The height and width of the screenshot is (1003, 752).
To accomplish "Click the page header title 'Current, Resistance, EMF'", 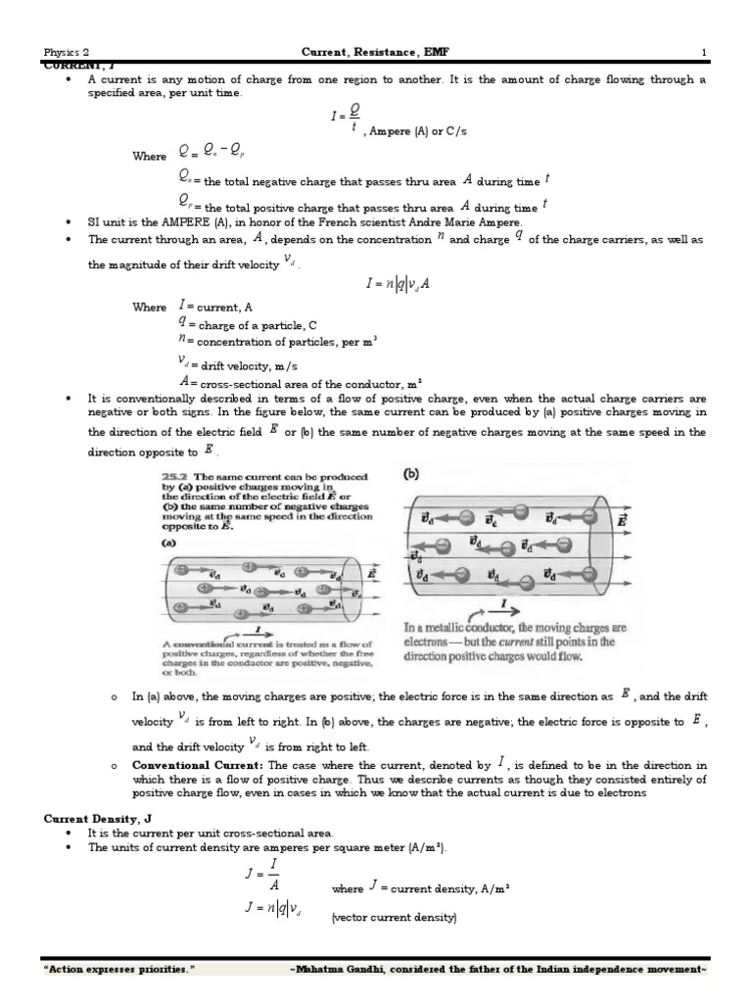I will [x=375, y=51].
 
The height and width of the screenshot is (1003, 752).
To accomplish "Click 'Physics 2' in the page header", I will [x=67, y=52].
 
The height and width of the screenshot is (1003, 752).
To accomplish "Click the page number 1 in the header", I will [x=703, y=51].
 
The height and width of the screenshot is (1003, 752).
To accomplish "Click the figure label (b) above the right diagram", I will [x=412, y=473].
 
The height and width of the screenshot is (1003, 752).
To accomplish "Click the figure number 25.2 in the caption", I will [x=172, y=475].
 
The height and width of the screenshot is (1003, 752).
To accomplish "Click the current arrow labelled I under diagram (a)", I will [x=257, y=630].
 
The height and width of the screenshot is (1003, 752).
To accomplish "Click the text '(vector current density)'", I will [x=393, y=918].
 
